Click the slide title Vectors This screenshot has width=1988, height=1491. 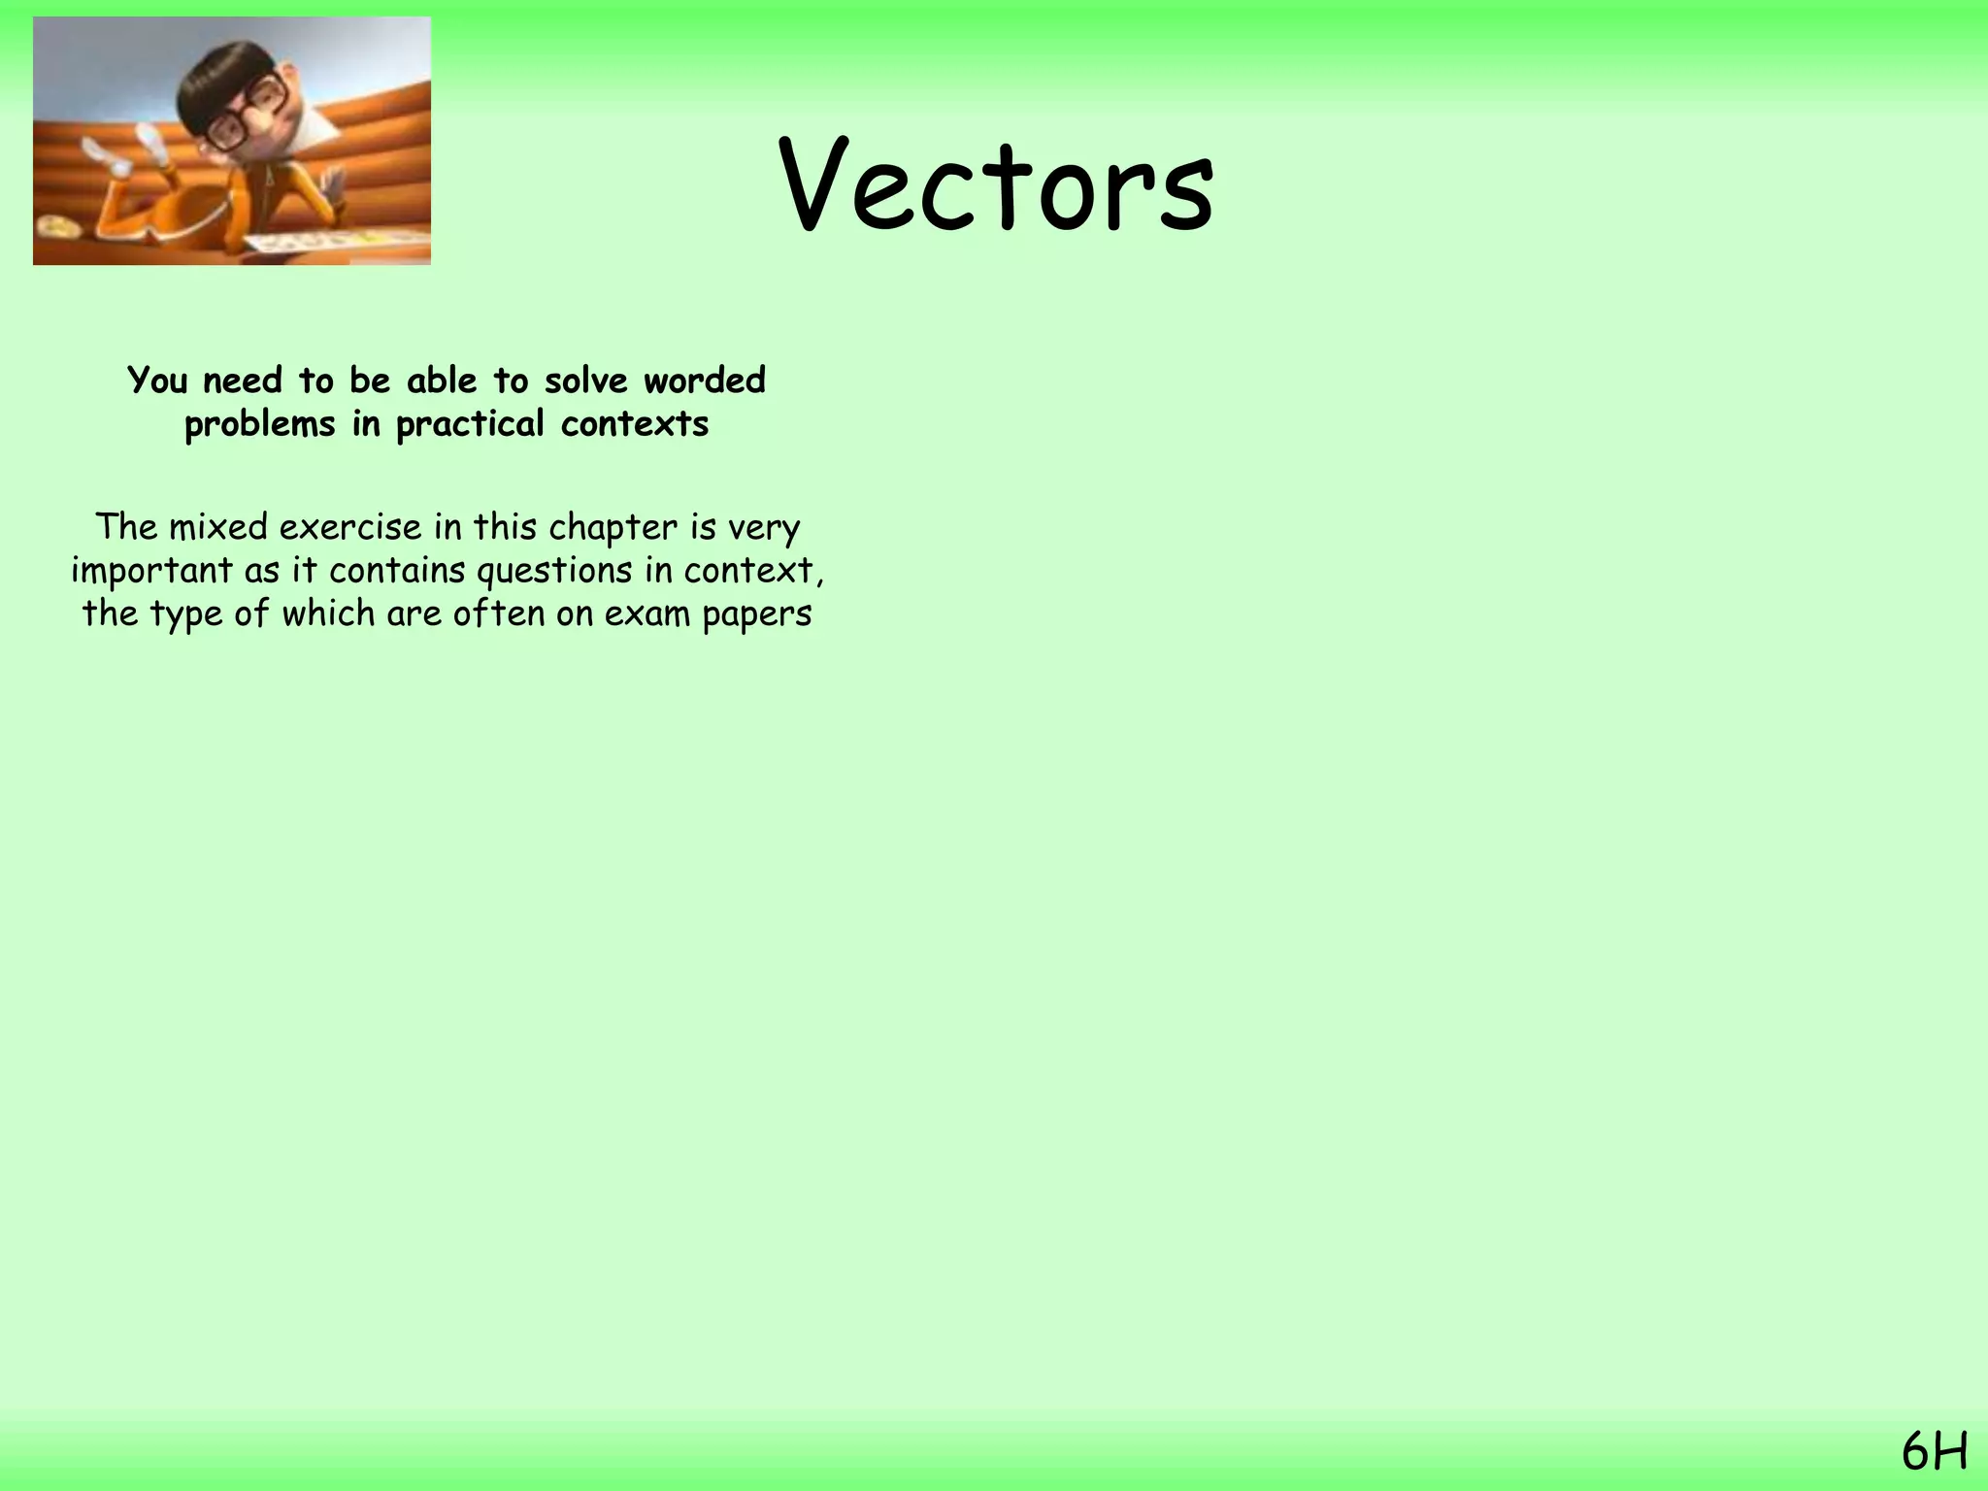pyautogui.click(x=996, y=186)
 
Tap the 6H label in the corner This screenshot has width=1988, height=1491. pyautogui.click(x=1934, y=1453)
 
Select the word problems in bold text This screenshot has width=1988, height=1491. pyautogui.click(x=259, y=424)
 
